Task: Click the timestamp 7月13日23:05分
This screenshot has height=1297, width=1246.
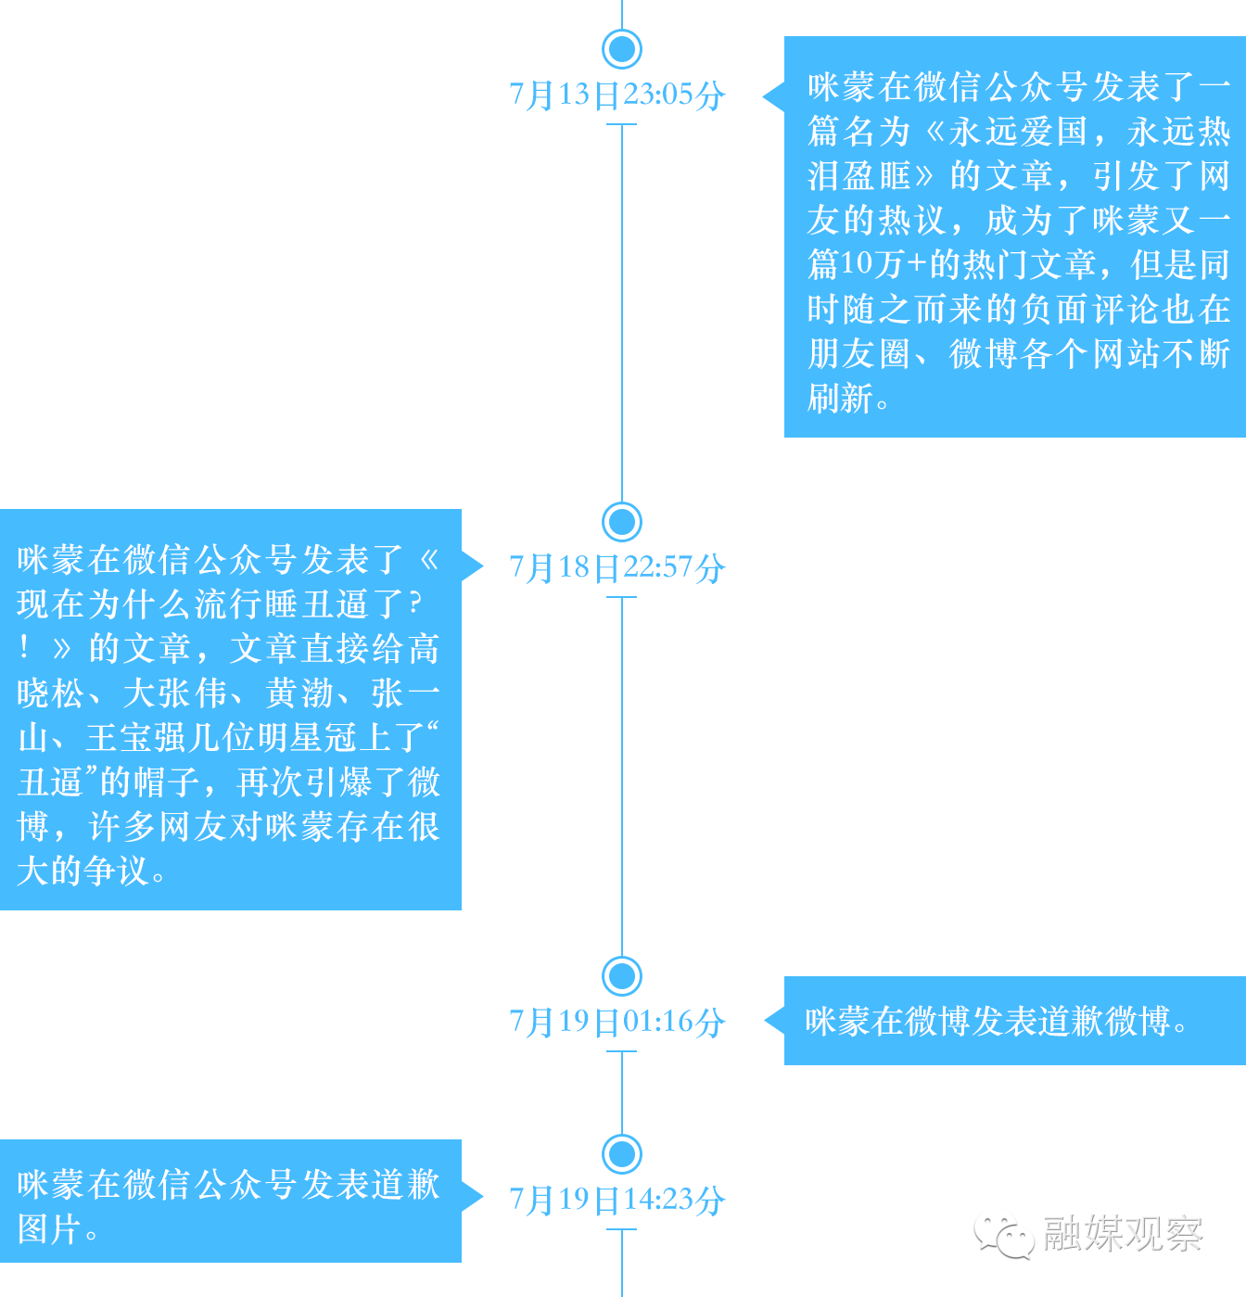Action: coord(617,95)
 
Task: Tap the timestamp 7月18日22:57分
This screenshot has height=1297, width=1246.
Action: coord(617,567)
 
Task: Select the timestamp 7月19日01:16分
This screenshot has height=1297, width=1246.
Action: coord(617,1022)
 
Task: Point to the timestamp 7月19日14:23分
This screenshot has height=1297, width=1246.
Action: coord(617,1200)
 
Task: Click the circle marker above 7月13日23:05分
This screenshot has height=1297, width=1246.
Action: coord(622,48)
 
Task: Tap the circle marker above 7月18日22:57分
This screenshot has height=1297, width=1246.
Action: coord(622,522)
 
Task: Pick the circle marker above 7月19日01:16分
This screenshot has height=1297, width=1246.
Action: coord(622,975)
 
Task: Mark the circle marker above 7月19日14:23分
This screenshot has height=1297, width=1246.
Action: coord(622,1154)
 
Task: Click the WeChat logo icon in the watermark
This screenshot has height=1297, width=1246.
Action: coord(1003,1235)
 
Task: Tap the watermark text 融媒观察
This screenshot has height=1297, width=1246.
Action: coord(1123,1234)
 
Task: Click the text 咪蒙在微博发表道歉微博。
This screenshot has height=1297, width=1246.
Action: coord(996,1021)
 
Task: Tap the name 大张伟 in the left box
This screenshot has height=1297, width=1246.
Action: coord(175,693)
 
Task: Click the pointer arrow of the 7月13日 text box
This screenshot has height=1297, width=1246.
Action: coord(773,95)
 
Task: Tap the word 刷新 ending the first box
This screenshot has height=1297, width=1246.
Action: coord(840,399)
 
